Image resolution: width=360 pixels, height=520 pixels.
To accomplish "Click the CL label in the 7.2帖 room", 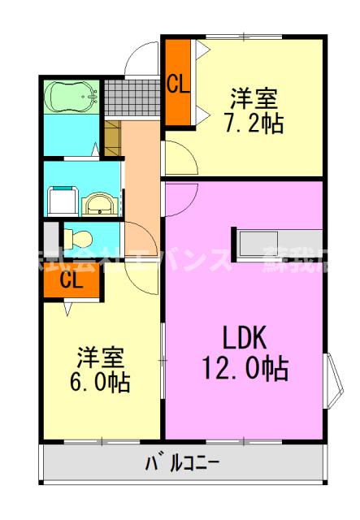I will point(178,82).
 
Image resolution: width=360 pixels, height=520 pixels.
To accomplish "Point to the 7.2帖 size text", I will point(253,124).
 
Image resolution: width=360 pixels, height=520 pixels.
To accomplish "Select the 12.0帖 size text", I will point(244,370).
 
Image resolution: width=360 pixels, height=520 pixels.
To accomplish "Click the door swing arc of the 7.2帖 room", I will point(180,156).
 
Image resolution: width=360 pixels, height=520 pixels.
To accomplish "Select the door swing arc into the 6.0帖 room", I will point(142,280).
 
